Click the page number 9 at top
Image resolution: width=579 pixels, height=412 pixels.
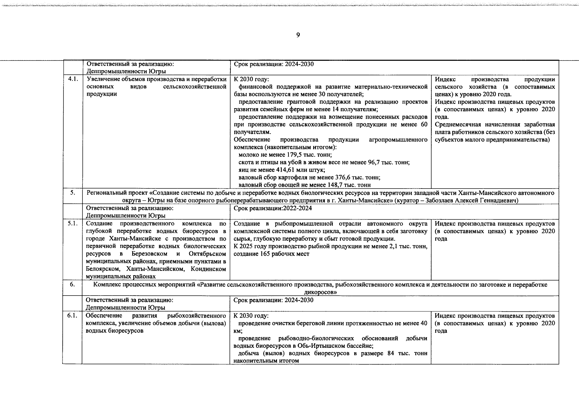point(298,35)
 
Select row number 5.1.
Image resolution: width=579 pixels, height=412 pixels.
point(72,224)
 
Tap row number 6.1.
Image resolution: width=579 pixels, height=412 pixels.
point(72,316)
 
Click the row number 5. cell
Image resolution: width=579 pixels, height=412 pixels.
point(72,193)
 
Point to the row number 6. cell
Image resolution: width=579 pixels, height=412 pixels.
point(72,285)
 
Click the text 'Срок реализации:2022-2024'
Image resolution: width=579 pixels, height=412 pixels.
point(273,208)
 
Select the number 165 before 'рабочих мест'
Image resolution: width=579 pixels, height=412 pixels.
point(265,254)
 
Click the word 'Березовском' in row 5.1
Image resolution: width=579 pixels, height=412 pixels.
point(149,254)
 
